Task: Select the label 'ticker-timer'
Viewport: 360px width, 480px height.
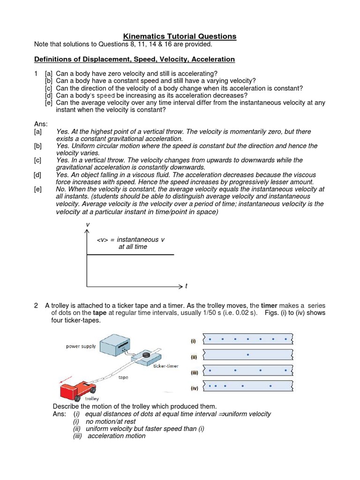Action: [166, 366]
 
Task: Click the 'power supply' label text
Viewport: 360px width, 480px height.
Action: [81, 346]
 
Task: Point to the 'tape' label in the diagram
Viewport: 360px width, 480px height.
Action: [123, 377]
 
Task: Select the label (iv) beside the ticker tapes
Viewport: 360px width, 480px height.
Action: [194, 388]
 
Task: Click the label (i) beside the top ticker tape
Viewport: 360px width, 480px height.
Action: [193, 341]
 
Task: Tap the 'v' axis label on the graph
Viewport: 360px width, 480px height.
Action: [87, 225]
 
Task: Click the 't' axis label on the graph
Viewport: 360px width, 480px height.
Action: [186, 286]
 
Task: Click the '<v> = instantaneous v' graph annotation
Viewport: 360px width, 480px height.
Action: [131, 240]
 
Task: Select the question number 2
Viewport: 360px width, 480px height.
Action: [36, 305]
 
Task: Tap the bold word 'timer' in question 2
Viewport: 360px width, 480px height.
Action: [270, 305]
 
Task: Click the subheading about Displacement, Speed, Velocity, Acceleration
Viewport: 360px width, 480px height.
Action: [135, 59]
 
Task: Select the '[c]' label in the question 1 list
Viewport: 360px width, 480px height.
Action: [49, 88]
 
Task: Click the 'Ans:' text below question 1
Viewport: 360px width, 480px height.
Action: [41, 124]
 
